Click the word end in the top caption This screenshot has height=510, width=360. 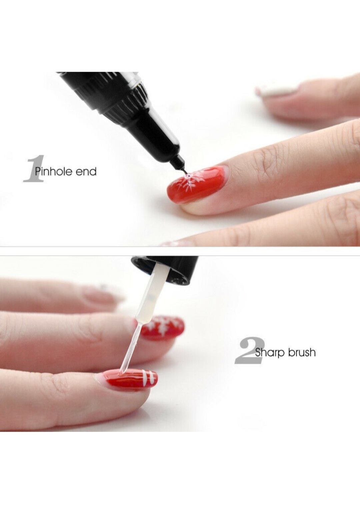click(x=86, y=171)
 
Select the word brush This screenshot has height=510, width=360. click(x=302, y=353)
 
